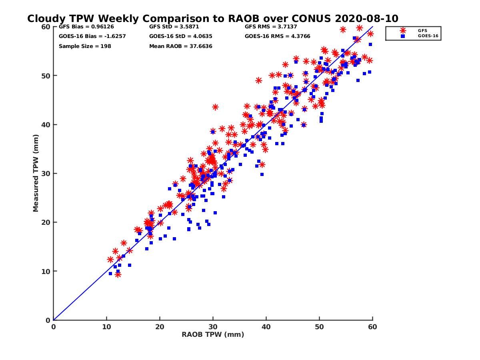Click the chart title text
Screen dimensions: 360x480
[x=212, y=19]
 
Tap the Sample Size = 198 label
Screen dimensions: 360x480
[x=85, y=46]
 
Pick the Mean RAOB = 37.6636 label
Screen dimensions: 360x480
[x=180, y=46]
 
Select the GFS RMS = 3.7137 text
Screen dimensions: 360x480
[x=271, y=27]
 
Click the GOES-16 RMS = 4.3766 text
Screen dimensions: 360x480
[x=277, y=36]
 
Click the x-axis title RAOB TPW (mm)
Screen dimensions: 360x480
[x=213, y=334]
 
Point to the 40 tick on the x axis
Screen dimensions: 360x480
[x=266, y=327]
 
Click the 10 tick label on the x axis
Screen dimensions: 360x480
[x=106, y=327]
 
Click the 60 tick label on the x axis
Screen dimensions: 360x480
[x=373, y=327]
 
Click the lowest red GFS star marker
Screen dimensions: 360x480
[x=118, y=274]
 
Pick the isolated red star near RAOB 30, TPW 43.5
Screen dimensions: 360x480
[x=215, y=107]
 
